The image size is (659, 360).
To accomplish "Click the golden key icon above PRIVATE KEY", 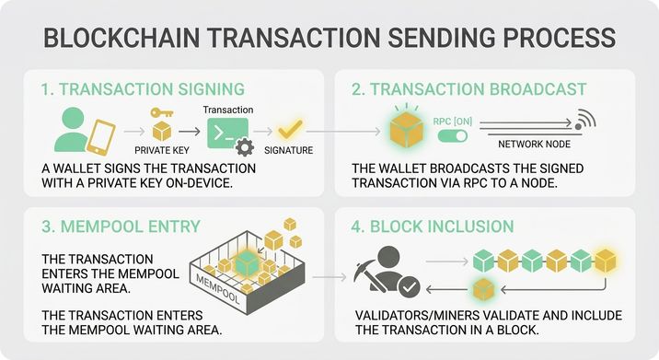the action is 162,112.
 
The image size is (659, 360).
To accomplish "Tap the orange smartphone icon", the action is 101,137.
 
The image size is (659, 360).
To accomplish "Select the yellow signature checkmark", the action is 290,129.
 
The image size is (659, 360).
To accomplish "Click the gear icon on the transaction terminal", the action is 245,147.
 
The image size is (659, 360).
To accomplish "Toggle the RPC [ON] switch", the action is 453,136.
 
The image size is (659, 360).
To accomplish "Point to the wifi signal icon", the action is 586,119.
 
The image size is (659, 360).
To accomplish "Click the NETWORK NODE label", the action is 534,145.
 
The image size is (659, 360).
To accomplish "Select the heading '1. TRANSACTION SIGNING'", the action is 143,89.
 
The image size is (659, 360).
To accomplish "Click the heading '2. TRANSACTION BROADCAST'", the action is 469,89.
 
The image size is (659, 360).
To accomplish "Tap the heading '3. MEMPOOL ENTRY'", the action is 121,226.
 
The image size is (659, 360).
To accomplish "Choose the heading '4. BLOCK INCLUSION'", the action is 433,226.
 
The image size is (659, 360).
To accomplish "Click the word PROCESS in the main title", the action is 560,37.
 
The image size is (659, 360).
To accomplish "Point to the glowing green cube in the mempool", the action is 247,263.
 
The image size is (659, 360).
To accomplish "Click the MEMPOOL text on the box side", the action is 218,289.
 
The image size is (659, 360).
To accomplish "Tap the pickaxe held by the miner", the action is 368,275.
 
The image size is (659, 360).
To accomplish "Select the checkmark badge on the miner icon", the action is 409,287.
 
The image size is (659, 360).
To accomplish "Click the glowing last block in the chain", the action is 606,261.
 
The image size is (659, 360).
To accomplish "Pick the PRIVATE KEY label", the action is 162,151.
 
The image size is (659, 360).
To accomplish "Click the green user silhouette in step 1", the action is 73,130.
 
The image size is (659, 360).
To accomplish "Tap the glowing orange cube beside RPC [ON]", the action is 407,129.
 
